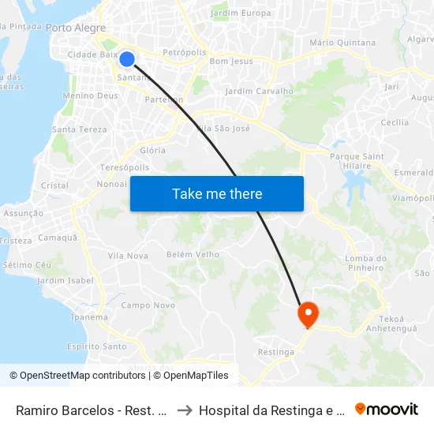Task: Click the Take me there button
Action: pyautogui.click(x=217, y=194)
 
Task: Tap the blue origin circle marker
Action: pyautogui.click(x=126, y=59)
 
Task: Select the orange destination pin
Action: pyautogui.click(x=307, y=315)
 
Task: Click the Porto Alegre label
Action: pyautogui.click(x=76, y=28)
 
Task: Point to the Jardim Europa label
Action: pyautogui.click(x=241, y=13)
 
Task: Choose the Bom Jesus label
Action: pyautogui.click(x=231, y=61)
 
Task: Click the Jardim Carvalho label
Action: pyautogui.click(x=259, y=91)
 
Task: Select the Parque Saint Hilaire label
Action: pyautogui.click(x=357, y=161)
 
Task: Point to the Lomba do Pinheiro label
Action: pyautogui.click(x=366, y=264)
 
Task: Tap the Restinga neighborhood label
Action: pyautogui.click(x=276, y=352)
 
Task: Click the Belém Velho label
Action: pyautogui.click(x=193, y=254)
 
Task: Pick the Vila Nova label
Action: pyautogui.click(x=128, y=256)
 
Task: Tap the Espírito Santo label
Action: pyautogui.click(x=96, y=346)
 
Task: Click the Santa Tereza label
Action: pyautogui.click(x=79, y=129)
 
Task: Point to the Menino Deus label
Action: pyautogui.click(x=90, y=95)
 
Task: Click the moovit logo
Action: pyautogui.click(x=387, y=410)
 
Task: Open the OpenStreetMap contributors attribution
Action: pyautogui.click(x=77, y=376)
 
